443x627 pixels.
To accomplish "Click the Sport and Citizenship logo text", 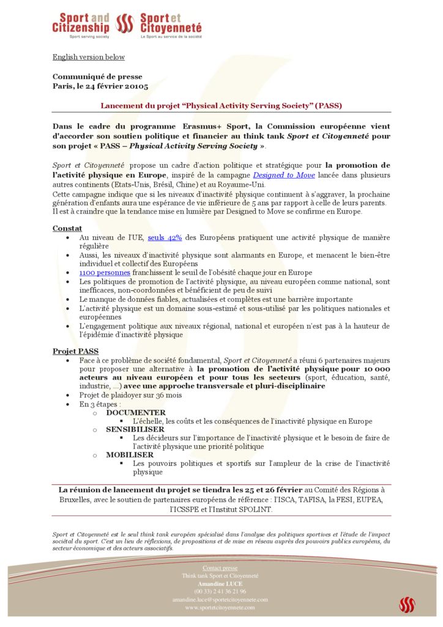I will coord(81,23).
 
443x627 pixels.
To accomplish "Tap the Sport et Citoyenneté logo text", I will coord(171,23).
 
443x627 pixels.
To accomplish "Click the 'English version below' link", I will coord(88,57).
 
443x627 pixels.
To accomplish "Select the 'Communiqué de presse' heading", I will coord(97,77).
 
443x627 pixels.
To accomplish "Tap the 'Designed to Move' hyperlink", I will coord(284,175).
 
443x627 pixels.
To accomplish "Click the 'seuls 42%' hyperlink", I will coord(165,238).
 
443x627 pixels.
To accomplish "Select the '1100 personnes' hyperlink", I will coord(105,272).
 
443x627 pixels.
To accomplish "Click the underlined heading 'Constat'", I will coord(67,228).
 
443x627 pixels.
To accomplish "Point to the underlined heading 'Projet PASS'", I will coord(75,351).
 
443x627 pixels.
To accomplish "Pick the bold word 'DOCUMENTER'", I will coord(136,413).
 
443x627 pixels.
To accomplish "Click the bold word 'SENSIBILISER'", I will coord(135,430).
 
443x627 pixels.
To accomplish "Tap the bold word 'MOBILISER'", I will coord(130,455).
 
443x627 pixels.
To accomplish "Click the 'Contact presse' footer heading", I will coord(220,568).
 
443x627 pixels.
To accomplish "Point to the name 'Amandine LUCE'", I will coord(220,584).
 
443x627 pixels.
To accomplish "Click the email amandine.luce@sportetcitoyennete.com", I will coord(220,599).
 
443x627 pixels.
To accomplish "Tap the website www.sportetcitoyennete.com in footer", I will coord(220,607).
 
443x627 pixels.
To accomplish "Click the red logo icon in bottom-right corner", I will coord(407,605).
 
